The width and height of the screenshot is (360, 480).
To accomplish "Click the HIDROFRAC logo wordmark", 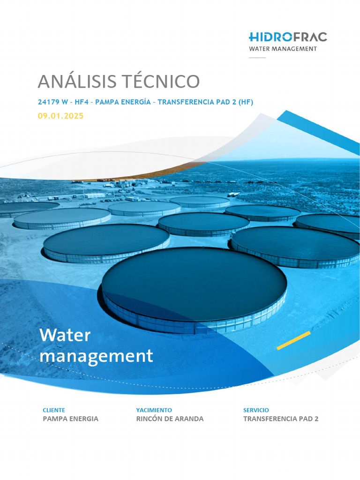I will pyautogui.click(x=288, y=37).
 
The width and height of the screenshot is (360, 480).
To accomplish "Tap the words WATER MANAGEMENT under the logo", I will pyautogui.click(x=283, y=49).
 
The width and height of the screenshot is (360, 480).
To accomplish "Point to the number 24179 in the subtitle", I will pyautogui.click(x=49, y=102).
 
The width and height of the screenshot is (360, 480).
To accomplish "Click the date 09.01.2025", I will pyautogui.click(x=60, y=116).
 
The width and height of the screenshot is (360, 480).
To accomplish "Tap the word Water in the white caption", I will pyautogui.click(x=65, y=335).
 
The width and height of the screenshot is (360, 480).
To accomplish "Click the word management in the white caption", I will pyautogui.click(x=96, y=356).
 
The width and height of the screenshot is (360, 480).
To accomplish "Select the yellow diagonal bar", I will pyautogui.click(x=293, y=341).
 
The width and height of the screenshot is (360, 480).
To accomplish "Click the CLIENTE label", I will pyautogui.click(x=54, y=410).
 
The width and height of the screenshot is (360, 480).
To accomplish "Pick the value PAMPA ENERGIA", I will pyautogui.click(x=70, y=419).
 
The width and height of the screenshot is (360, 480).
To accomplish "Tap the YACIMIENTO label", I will pyautogui.click(x=154, y=410).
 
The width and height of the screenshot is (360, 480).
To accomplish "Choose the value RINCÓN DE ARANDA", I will pyautogui.click(x=170, y=419).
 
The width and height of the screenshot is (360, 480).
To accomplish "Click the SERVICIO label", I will pyautogui.click(x=256, y=410).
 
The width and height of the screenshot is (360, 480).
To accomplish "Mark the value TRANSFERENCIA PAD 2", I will pyautogui.click(x=280, y=419).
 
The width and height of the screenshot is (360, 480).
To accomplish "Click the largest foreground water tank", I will pyautogui.click(x=194, y=286).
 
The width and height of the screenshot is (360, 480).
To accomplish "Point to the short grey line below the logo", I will pyautogui.click(x=257, y=58).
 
